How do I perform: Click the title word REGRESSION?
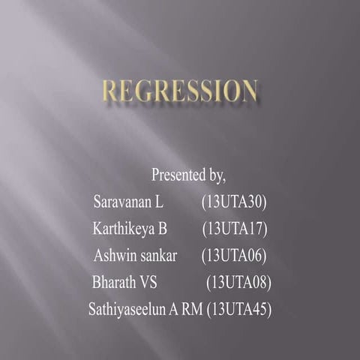(x=180, y=91)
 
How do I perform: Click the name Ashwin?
(x=112, y=255)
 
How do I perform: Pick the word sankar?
(x=156, y=255)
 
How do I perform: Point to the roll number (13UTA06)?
(x=234, y=255)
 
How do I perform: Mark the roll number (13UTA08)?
(x=238, y=282)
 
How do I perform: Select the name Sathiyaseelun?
(x=128, y=308)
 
